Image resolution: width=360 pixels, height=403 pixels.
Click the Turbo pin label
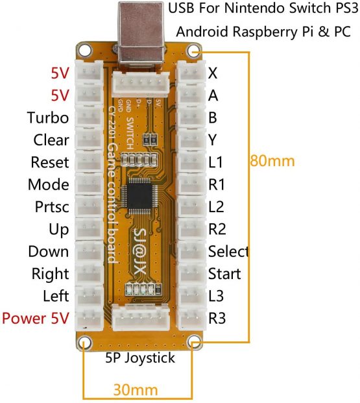click(48, 117)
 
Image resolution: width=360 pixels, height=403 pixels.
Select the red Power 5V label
click(36, 319)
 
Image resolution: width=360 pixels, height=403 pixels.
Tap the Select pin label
click(228, 251)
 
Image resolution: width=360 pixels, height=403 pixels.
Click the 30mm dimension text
click(136, 390)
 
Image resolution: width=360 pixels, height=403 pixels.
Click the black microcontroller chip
click(143, 197)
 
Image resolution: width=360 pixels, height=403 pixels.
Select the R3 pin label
click(217, 319)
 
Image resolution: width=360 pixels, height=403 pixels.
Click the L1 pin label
click(216, 162)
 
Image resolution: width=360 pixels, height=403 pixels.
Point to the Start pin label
click(224, 274)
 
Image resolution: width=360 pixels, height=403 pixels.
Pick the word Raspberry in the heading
click(258, 31)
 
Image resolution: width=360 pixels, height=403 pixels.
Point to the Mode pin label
click(48, 184)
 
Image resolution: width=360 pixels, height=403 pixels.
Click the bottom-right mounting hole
click(194, 342)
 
